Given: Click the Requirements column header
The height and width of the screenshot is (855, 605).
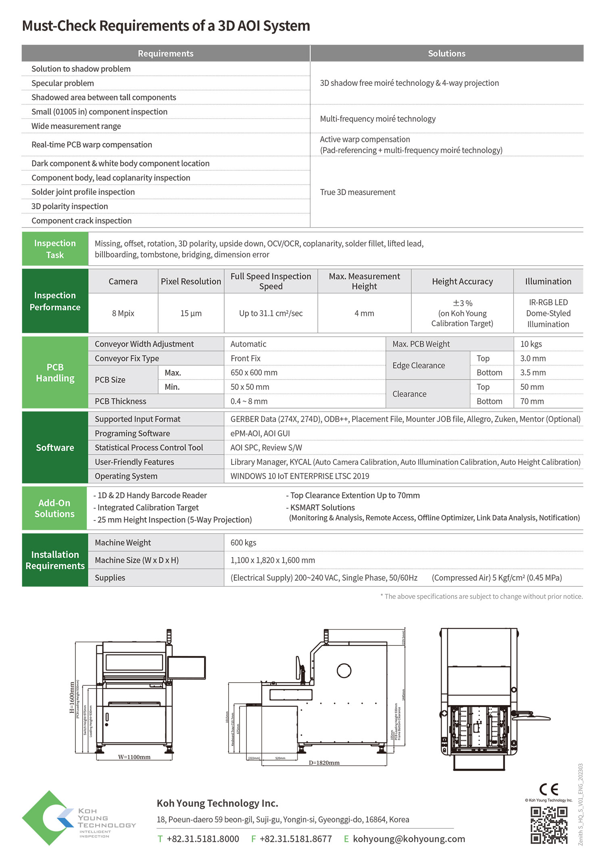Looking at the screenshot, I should pyautogui.click(x=165, y=54).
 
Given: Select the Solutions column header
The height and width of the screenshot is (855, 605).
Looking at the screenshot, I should pyautogui.click(x=446, y=54).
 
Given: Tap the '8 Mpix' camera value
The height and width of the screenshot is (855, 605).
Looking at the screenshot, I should pyautogui.click(x=123, y=313).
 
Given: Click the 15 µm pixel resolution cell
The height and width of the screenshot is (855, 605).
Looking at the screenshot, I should pyautogui.click(x=191, y=313).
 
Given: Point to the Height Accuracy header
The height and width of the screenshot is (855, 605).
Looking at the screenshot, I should pyautogui.click(x=462, y=281).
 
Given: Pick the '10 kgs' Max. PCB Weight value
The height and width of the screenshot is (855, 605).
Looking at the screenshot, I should pyautogui.click(x=531, y=344).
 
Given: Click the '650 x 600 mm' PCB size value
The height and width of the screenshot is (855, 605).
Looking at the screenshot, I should pyautogui.click(x=254, y=373).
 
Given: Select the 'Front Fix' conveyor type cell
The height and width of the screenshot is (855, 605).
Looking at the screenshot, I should pyautogui.click(x=245, y=358).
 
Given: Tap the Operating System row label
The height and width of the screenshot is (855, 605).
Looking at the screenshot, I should pyautogui.click(x=126, y=476).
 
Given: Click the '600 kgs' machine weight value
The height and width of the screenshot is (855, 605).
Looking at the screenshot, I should pyautogui.click(x=243, y=543).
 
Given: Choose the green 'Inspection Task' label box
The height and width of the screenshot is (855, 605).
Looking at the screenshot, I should pyautogui.click(x=55, y=249).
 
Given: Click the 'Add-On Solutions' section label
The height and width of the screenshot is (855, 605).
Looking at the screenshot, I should pyautogui.click(x=54, y=508).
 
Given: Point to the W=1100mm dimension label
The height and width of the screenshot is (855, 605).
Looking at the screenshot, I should pyautogui.click(x=134, y=757).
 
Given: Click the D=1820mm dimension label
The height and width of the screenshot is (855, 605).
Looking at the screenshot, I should pyautogui.click(x=324, y=763).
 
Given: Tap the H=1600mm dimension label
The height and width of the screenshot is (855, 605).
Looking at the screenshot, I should pyautogui.click(x=72, y=697).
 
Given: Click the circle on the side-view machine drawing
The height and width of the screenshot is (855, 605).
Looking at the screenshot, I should pyautogui.click(x=344, y=670).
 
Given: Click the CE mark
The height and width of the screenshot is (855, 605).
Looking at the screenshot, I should pyautogui.click(x=549, y=789).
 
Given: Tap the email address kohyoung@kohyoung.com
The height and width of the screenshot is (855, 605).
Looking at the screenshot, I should pyautogui.click(x=409, y=839).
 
